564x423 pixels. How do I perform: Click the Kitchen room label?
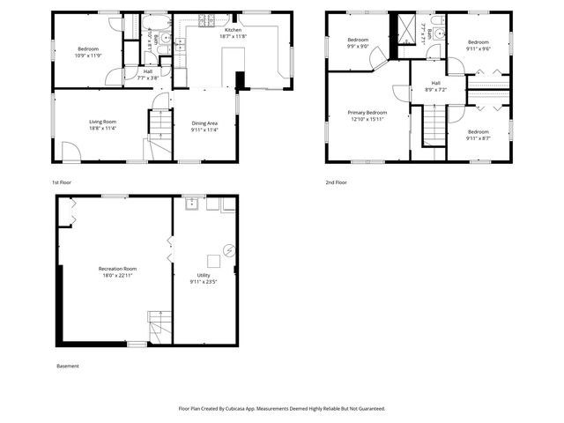coord(209,29)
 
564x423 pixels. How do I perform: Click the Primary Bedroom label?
coord(367,113)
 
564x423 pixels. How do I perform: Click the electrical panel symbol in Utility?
coord(229,249)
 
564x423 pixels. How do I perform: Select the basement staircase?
coord(159,327)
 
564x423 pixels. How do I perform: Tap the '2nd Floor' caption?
coord(336,182)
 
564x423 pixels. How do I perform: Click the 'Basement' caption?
coord(68,366)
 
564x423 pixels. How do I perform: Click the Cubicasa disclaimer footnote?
coord(282,408)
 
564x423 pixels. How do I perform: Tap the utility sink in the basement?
coord(191,204)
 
